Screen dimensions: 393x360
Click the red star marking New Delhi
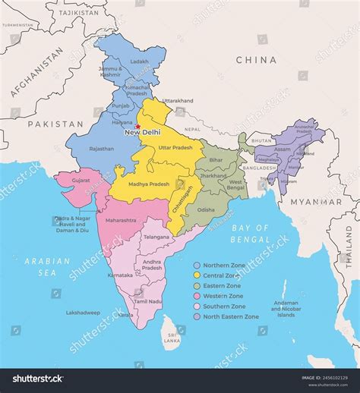pyautogui.click(x=138, y=126)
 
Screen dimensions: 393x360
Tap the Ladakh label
pyautogui.click(x=139, y=61)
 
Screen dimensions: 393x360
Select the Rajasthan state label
pyautogui.click(x=101, y=149)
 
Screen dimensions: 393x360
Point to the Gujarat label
pyautogui.click(x=80, y=181)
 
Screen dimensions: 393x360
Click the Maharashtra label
pyautogui.click(x=121, y=220)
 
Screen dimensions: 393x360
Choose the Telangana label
pyautogui.click(x=156, y=237)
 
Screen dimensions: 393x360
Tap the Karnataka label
pyautogui.click(x=120, y=275)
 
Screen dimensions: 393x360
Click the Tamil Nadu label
pyautogui.click(x=148, y=301)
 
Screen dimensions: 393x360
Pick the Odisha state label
pyautogui.click(x=205, y=209)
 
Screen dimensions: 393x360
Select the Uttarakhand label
pyautogui.click(x=178, y=100)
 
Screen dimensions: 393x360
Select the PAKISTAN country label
pyautogui.click(x=55, y=122)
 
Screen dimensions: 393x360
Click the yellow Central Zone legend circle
pyautogui.click(x=197, y=275)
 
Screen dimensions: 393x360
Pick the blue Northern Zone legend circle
pyautogui.click(x=197, y=265)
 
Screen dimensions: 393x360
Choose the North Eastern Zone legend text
pyautogui.click(x=231, y=316)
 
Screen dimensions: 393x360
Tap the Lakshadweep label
pyautogui.click(x=83, y=312)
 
